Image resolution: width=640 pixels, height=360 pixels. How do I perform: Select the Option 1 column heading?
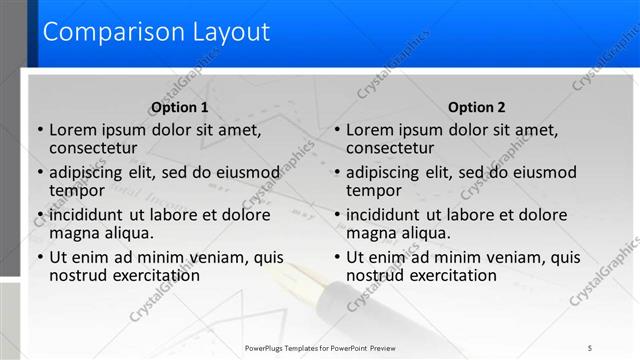click(180, 107)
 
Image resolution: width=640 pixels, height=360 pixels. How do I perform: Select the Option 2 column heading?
click(477, 107)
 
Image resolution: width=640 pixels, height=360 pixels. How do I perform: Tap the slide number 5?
click(590, 347)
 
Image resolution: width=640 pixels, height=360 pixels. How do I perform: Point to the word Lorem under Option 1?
click(72, 129)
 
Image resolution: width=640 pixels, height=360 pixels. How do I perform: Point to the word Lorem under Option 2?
click(370, 129)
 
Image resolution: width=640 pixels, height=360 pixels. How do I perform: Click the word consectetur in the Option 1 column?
click(92, 148)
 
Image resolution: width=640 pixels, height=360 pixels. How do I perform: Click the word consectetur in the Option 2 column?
click(390, 148)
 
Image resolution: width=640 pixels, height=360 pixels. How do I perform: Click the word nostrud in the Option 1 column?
click(78, 275)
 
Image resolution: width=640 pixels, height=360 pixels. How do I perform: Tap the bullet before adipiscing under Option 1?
click(40, 173)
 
